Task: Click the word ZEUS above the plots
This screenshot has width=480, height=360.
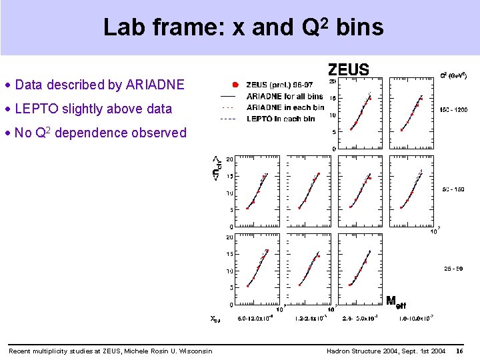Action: (348, 69)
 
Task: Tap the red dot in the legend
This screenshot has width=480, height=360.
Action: (235, 85)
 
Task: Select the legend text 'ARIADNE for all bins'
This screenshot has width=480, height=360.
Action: (285, 96)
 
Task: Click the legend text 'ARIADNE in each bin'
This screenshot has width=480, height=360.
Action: (285, 107)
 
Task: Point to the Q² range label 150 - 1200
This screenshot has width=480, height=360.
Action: (453, 109)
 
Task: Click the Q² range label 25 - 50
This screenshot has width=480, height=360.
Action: (454, 269)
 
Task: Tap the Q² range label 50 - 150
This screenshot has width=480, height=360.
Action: (454, 189)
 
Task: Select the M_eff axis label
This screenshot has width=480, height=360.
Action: (396, 301)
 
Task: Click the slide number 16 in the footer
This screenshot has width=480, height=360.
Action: (459, 351)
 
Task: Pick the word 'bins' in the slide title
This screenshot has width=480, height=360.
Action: (360, 27)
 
